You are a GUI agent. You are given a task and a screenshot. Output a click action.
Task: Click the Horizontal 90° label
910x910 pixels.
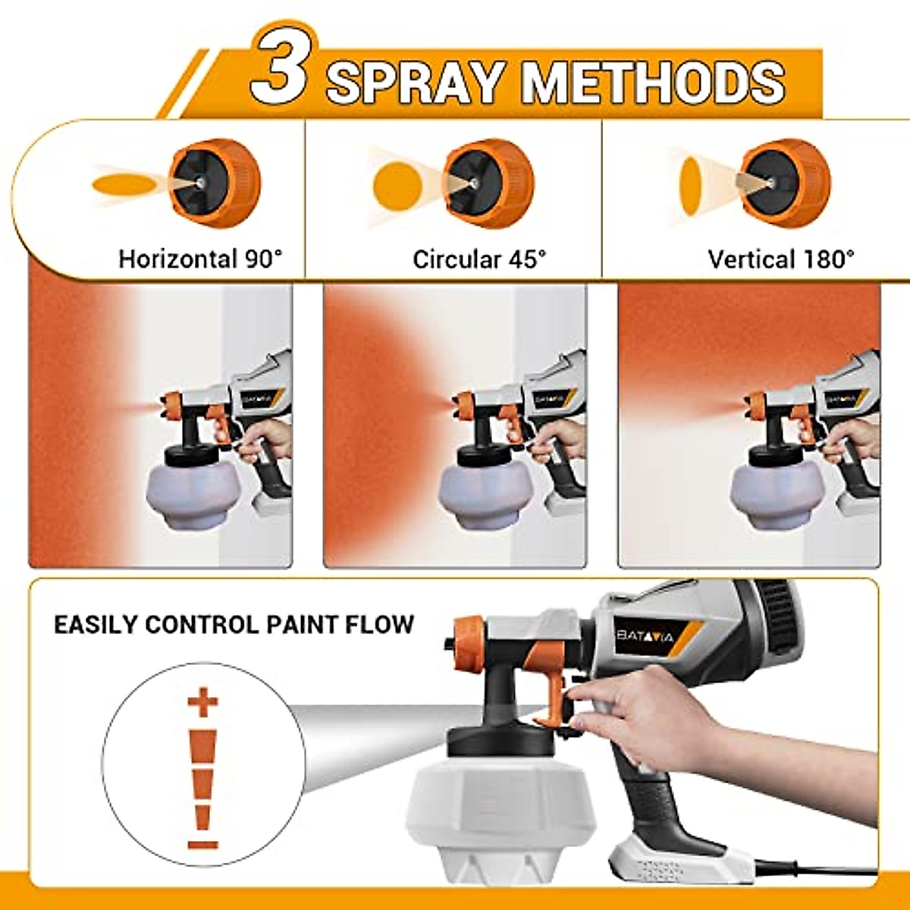(200, 259)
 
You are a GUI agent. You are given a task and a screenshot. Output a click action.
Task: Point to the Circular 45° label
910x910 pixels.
(479, 259)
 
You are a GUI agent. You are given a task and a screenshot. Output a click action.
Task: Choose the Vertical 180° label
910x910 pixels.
(781, 259)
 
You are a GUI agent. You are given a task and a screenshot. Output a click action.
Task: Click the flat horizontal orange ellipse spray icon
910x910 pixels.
(121, 184)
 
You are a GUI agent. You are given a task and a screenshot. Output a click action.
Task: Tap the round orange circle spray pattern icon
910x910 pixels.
(397, 185)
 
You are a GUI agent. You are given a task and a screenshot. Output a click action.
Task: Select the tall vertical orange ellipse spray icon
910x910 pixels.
(691, 185)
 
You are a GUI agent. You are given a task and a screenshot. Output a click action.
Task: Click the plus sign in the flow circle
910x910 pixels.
(202, 703)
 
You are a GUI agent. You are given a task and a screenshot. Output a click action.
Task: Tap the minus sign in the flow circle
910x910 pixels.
(202, 844)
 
